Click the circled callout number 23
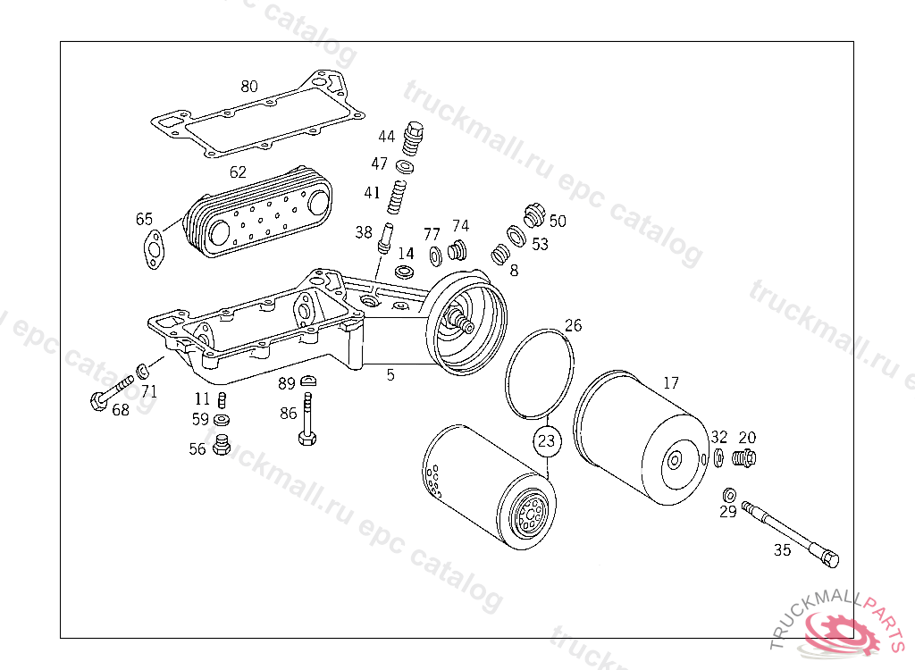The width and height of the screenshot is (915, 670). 546,440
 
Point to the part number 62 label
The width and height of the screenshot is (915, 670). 238,172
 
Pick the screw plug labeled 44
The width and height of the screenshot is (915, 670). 413,138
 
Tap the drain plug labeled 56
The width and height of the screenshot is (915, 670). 222,445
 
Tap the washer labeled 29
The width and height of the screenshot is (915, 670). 729,494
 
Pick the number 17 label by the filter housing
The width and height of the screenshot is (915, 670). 670,383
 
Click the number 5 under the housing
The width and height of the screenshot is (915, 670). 390,375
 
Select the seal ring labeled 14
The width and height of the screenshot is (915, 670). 404,271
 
